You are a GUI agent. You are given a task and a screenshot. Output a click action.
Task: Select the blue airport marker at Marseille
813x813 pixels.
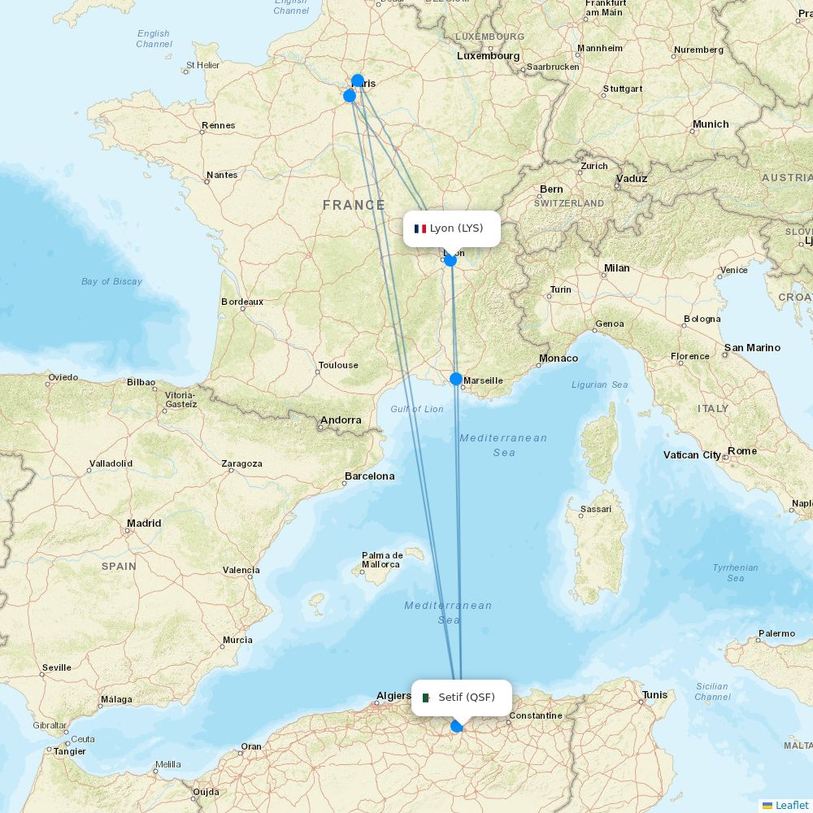[x=456, y=379]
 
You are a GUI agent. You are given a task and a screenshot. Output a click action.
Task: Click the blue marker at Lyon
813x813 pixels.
[x=450, y=260]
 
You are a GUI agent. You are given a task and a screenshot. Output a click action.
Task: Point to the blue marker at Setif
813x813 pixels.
[x=457, y=725]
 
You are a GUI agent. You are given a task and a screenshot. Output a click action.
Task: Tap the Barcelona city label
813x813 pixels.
[x=369, y=476]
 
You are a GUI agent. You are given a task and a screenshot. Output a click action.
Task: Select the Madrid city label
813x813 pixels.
[x=144, y=524]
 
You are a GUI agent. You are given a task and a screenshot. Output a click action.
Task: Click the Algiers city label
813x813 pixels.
[x=393, y=696]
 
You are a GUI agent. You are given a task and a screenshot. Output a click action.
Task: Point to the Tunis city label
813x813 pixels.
[x=654, y=695]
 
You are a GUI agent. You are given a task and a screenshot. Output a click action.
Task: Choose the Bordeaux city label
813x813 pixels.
[x=242, y=302]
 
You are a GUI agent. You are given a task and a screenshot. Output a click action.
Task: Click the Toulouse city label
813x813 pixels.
[x=338, y=365]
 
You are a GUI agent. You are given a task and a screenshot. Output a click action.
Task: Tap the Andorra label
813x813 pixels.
[x=341, y=420]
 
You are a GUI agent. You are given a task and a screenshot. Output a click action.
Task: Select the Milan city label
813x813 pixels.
[x=616, y=268]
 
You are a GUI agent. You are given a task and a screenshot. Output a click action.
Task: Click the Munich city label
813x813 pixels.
[x=711, y=124]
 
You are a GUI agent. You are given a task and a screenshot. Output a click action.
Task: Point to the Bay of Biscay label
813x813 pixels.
[x=111, y=281]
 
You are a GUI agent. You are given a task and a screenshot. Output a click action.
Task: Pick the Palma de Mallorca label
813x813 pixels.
[x=381, y=560]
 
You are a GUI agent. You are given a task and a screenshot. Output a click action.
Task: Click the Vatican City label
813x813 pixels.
[x=692, y=455]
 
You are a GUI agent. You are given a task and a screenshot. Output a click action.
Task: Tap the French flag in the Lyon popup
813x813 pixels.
[x=420, y=229]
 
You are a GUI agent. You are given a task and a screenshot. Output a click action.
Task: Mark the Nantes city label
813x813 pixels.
[x=222, y=175]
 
